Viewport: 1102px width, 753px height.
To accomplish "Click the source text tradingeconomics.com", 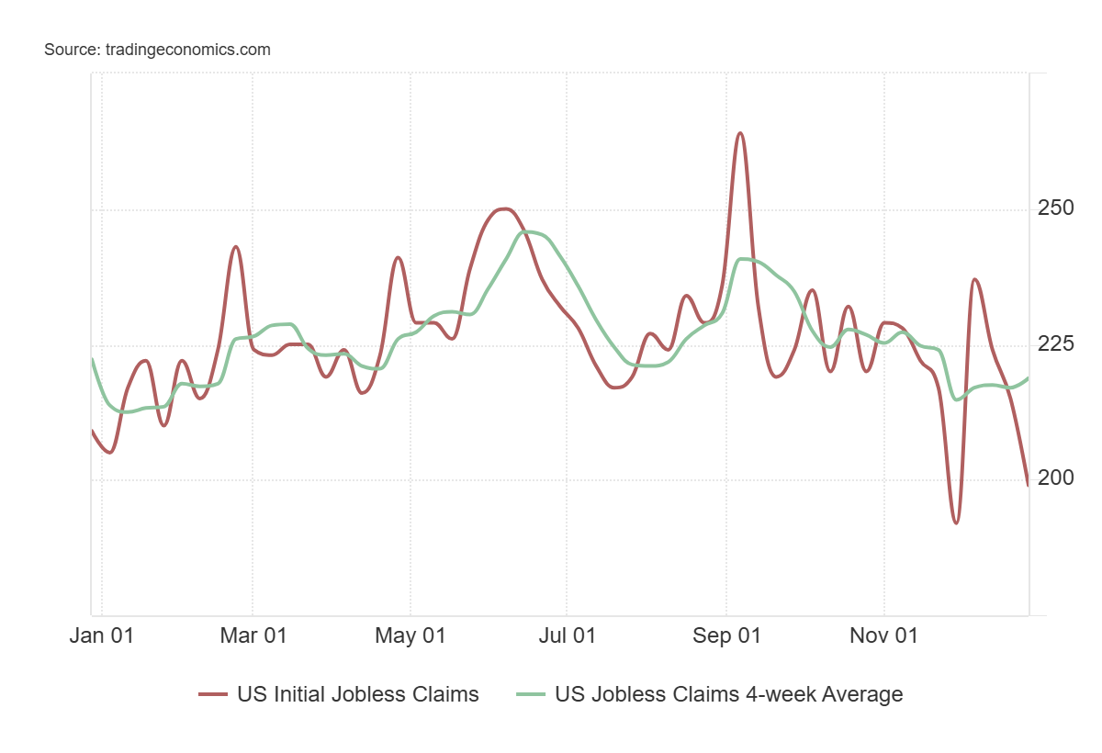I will [157, 50].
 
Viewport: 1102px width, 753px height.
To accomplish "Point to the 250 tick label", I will [1056, 208].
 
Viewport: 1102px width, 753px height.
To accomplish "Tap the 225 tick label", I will [1056, 344].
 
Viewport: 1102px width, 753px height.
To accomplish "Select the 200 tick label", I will [1056, 478].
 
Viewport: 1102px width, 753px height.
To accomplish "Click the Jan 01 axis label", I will [101, 635].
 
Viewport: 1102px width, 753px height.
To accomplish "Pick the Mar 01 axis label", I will [253, 635].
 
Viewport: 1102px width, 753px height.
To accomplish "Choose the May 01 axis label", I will [410, 635].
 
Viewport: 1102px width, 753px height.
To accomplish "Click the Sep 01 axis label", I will [726, 635].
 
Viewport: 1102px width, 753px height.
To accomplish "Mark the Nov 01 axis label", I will [884, 635].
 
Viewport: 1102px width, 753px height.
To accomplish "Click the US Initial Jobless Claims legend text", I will [357, 694].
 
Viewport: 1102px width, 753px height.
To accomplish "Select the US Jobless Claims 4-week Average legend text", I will [728, 694].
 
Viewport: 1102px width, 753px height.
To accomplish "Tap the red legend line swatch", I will [212, 695].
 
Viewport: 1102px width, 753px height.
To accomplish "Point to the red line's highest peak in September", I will [740, 133].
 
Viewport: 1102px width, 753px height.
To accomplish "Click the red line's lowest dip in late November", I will [956, 523].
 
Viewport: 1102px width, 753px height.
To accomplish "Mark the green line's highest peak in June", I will [530, 231].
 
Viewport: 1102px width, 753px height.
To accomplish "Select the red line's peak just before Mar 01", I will [236, 246].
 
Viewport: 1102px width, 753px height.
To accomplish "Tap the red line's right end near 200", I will [1028, 485].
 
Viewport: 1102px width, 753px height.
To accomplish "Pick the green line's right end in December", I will [1028, 378].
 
